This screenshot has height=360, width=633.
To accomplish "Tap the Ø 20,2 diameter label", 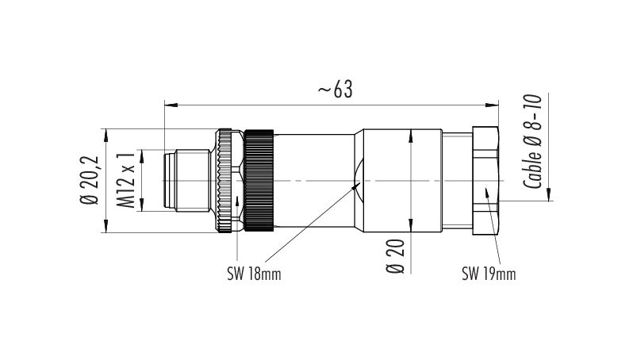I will [x=90, y=180].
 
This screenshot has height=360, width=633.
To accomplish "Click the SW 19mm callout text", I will [x=489, y=274].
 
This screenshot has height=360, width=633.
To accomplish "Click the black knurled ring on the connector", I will [x=259, y=181].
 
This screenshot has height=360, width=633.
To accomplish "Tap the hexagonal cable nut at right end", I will [x=485, y=181].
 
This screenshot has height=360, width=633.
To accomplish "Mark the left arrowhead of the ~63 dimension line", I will [x=168, y=103].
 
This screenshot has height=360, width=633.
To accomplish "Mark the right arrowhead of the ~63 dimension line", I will [x=493, y=103].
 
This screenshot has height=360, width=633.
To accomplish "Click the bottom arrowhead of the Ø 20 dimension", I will [x=409, y=228].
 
